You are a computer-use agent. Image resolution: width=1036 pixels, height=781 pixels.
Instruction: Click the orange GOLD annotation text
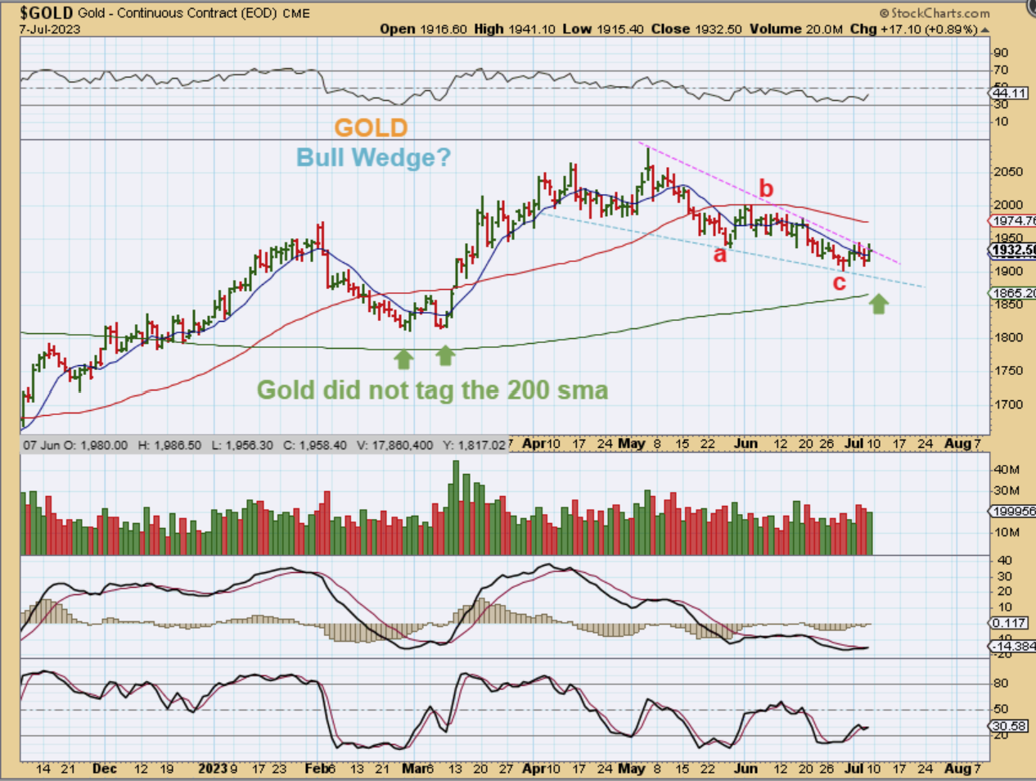pyautogui.click(x=371, y=128)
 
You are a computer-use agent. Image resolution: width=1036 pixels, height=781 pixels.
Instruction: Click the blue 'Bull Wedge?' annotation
pyautogui.click(x=373, y=156)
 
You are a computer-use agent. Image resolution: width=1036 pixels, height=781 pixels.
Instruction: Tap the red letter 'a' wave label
pyautogui.click(x=720, y=255)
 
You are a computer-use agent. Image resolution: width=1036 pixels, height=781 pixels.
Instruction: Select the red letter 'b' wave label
pyautogui.click(x=766, y=189)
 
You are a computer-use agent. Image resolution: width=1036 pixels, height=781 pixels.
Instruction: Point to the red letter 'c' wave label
pyautogui.click(x=839, y=283)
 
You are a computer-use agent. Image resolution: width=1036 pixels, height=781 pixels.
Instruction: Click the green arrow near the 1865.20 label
pyautogui.click(x=878, y=305)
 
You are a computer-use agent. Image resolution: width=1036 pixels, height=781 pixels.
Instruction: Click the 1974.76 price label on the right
pyautogui.click(x=1013, y=221)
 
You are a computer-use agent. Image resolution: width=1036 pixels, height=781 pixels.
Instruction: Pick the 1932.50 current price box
pyautogui.click(x=1013, y=251)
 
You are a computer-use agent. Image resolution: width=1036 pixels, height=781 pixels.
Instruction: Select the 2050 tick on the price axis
pyautogui.click(x=1008, y=171)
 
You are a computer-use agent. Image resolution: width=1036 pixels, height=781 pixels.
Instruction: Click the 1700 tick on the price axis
pyautogui.click(x=1008, y=404)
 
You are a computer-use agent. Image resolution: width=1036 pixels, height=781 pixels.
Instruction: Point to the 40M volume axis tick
pyautogui.click(x=1007, y=470)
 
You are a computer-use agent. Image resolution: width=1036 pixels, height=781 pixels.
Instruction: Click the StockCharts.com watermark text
pyautogui.click(x=935, y=13)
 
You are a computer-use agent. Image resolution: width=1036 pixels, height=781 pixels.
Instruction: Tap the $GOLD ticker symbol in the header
pyautogui.click(x=47, y=13)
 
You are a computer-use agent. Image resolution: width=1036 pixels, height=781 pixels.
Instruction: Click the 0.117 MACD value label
pyautogui.click(x=1009, y=624)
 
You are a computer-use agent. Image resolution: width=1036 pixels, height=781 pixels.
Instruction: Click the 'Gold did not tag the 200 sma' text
pyautogui.click(x=433, y=390)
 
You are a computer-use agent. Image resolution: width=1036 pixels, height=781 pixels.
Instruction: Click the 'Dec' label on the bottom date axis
pyautogui.click(x=105, y=769)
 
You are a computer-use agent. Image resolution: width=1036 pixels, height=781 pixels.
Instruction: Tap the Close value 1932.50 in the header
pyautogui.click(x=718, y=29)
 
